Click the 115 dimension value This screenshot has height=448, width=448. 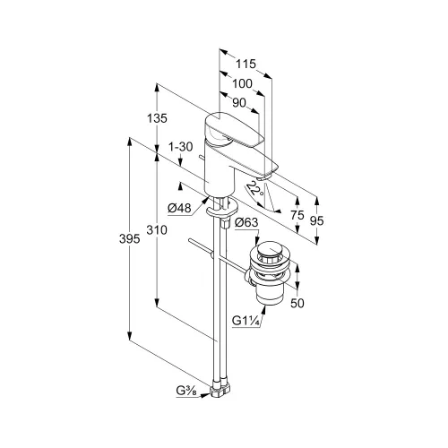coord(246,64)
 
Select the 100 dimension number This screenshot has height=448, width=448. coord(242,83)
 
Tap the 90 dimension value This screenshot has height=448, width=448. coord(239,103)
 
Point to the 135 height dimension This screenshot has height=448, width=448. coord(157,118)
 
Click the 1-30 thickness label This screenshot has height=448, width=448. coord(181,147)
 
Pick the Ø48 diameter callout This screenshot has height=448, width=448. coord(179,208)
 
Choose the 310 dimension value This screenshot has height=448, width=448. coord(157,230)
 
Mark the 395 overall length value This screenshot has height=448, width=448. coord(129,239)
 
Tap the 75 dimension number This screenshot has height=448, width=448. coord(297,215)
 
